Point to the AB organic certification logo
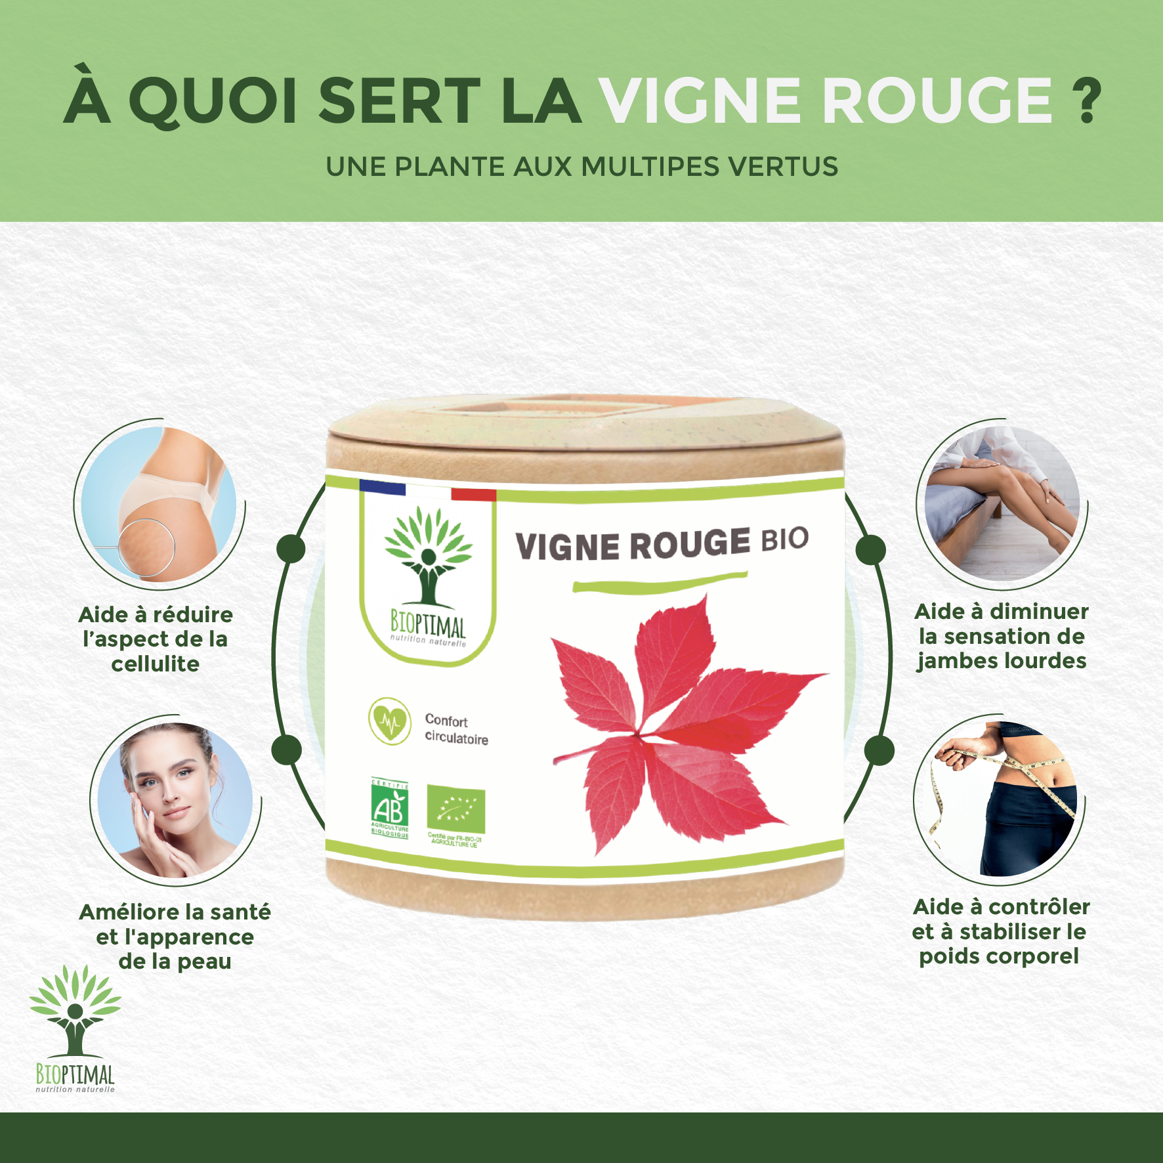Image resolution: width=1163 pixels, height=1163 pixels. pos(390,808)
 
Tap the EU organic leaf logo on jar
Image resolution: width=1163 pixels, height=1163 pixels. pos(456,808)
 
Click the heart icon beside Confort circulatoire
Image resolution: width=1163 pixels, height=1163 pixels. pos(389,721)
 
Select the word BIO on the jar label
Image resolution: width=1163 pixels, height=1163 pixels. pos(784,539)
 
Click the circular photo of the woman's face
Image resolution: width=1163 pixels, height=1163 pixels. pos(175,800)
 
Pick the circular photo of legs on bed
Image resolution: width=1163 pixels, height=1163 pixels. pos(1002,503)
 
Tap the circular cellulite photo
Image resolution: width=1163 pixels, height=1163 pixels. pos(159,504)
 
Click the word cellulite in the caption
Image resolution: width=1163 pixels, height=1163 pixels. pos(155,664)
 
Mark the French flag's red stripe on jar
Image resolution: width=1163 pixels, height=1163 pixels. pos(473,495)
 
